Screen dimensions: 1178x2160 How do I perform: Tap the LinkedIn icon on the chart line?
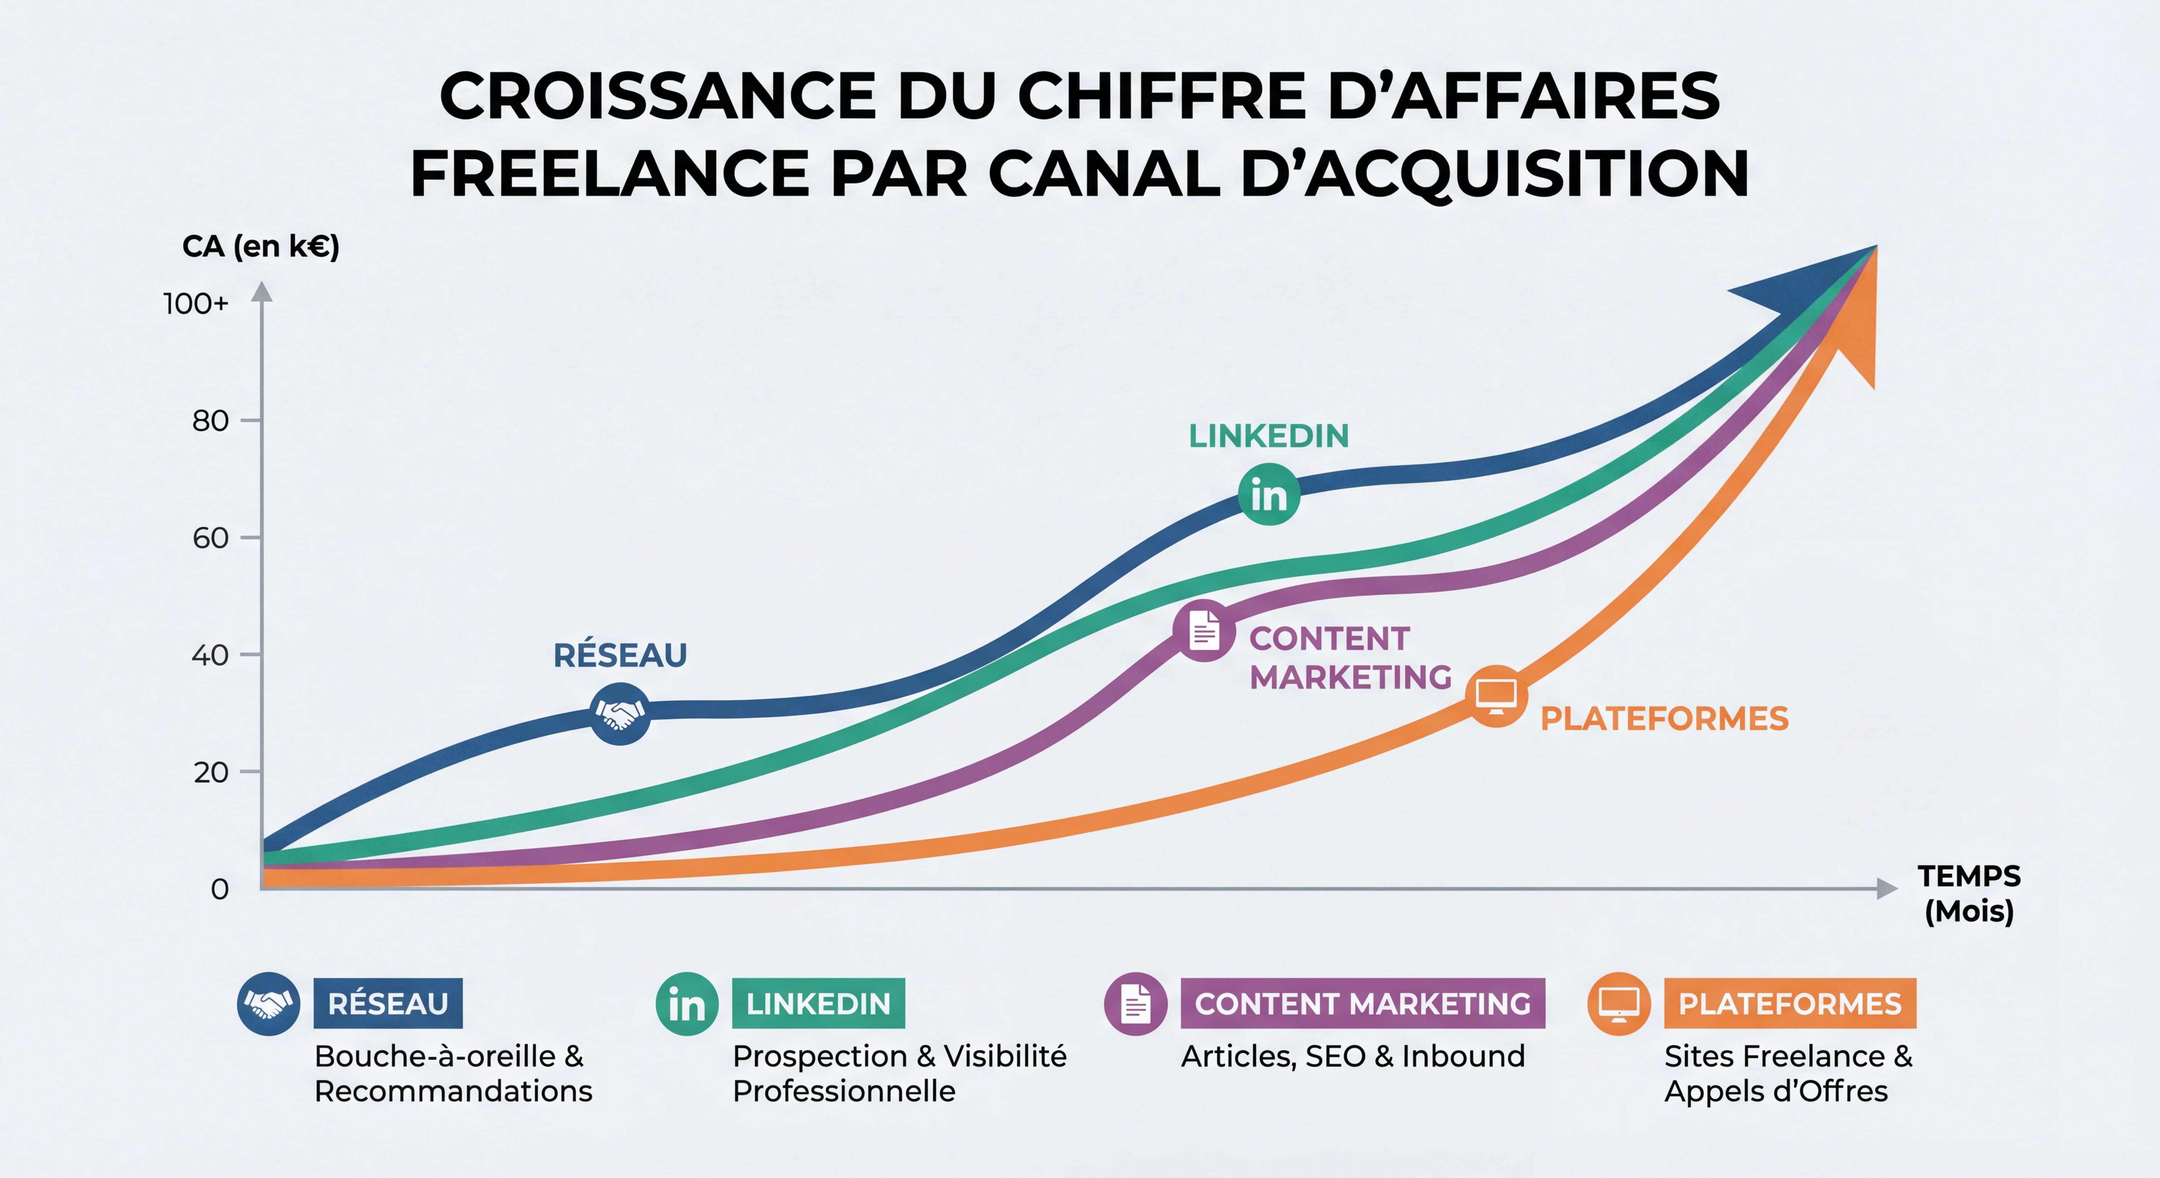pyautogui.click(x=1269, y=495)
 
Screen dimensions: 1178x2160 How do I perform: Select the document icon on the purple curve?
pyautogui.click(x=1204, y=630)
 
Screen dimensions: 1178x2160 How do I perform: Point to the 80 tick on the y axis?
pyautogui.click(x=211, y=420)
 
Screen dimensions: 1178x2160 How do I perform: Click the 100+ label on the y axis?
pyautogui.click(x=195, y=304)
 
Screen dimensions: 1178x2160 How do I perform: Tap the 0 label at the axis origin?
pyautogui.click(x=220, y=889)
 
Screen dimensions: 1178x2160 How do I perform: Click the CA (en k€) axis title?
pyautogui.click(x=261, y=247)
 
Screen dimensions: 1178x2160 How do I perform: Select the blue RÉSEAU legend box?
pyautogui.click(x=387, y=1004)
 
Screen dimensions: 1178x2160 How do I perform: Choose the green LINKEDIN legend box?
pyautogui.click(x=818, y=1004)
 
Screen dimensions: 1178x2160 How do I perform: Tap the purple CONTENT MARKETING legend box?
pyautogui.click(x=1363, y=1004)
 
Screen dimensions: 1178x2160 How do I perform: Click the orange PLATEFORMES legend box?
pyautogui.click(x=1790, y=1004)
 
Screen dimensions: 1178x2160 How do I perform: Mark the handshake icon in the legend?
pyautogui.click(x=268, y=1004)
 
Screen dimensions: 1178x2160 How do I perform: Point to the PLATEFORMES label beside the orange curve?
pyautogui.click(x=1664, y=719)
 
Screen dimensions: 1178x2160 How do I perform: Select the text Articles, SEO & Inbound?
pyautogui.click(x=1353, y=1056)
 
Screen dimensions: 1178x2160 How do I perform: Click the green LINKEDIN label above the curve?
pyautogui.click(x=1269, y=436)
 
